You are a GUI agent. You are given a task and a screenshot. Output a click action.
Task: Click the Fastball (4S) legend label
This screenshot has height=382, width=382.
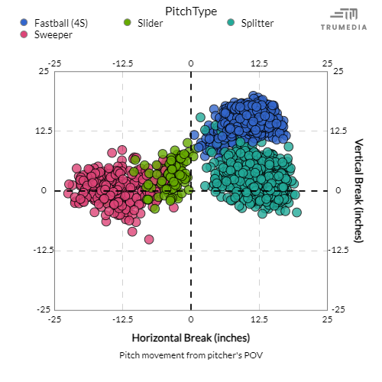coord(61,23)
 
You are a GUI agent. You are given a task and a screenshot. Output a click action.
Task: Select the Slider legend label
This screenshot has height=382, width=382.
coord(150,23)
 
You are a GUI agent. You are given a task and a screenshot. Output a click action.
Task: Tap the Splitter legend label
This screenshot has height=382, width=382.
coord(257,23)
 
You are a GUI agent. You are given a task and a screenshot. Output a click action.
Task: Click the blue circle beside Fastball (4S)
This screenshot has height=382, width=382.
coord(24,23)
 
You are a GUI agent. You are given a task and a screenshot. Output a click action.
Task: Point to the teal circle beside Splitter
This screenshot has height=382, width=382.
coord(231,23)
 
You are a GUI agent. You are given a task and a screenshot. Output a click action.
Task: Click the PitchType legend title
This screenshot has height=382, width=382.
coord(190,11)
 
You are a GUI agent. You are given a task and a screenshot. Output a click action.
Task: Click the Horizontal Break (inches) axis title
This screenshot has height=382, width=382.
coord(190,337)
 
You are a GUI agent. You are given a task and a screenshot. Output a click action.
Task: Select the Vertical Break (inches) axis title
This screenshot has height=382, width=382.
coord(359,190)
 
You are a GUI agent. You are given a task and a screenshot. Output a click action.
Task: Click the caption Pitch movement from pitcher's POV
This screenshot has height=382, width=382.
coord(190,355)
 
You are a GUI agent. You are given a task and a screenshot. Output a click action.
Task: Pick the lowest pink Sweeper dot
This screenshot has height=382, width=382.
coord(149,240)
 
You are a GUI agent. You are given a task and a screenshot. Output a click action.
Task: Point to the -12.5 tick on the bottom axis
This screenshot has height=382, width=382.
coord(122,319)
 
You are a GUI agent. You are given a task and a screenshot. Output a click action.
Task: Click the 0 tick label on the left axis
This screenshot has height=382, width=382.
coord(45,190)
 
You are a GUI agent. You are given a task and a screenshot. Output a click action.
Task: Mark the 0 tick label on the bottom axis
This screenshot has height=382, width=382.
coord(191,319)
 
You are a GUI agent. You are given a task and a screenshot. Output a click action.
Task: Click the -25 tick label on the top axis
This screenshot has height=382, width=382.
coord(53,63)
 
